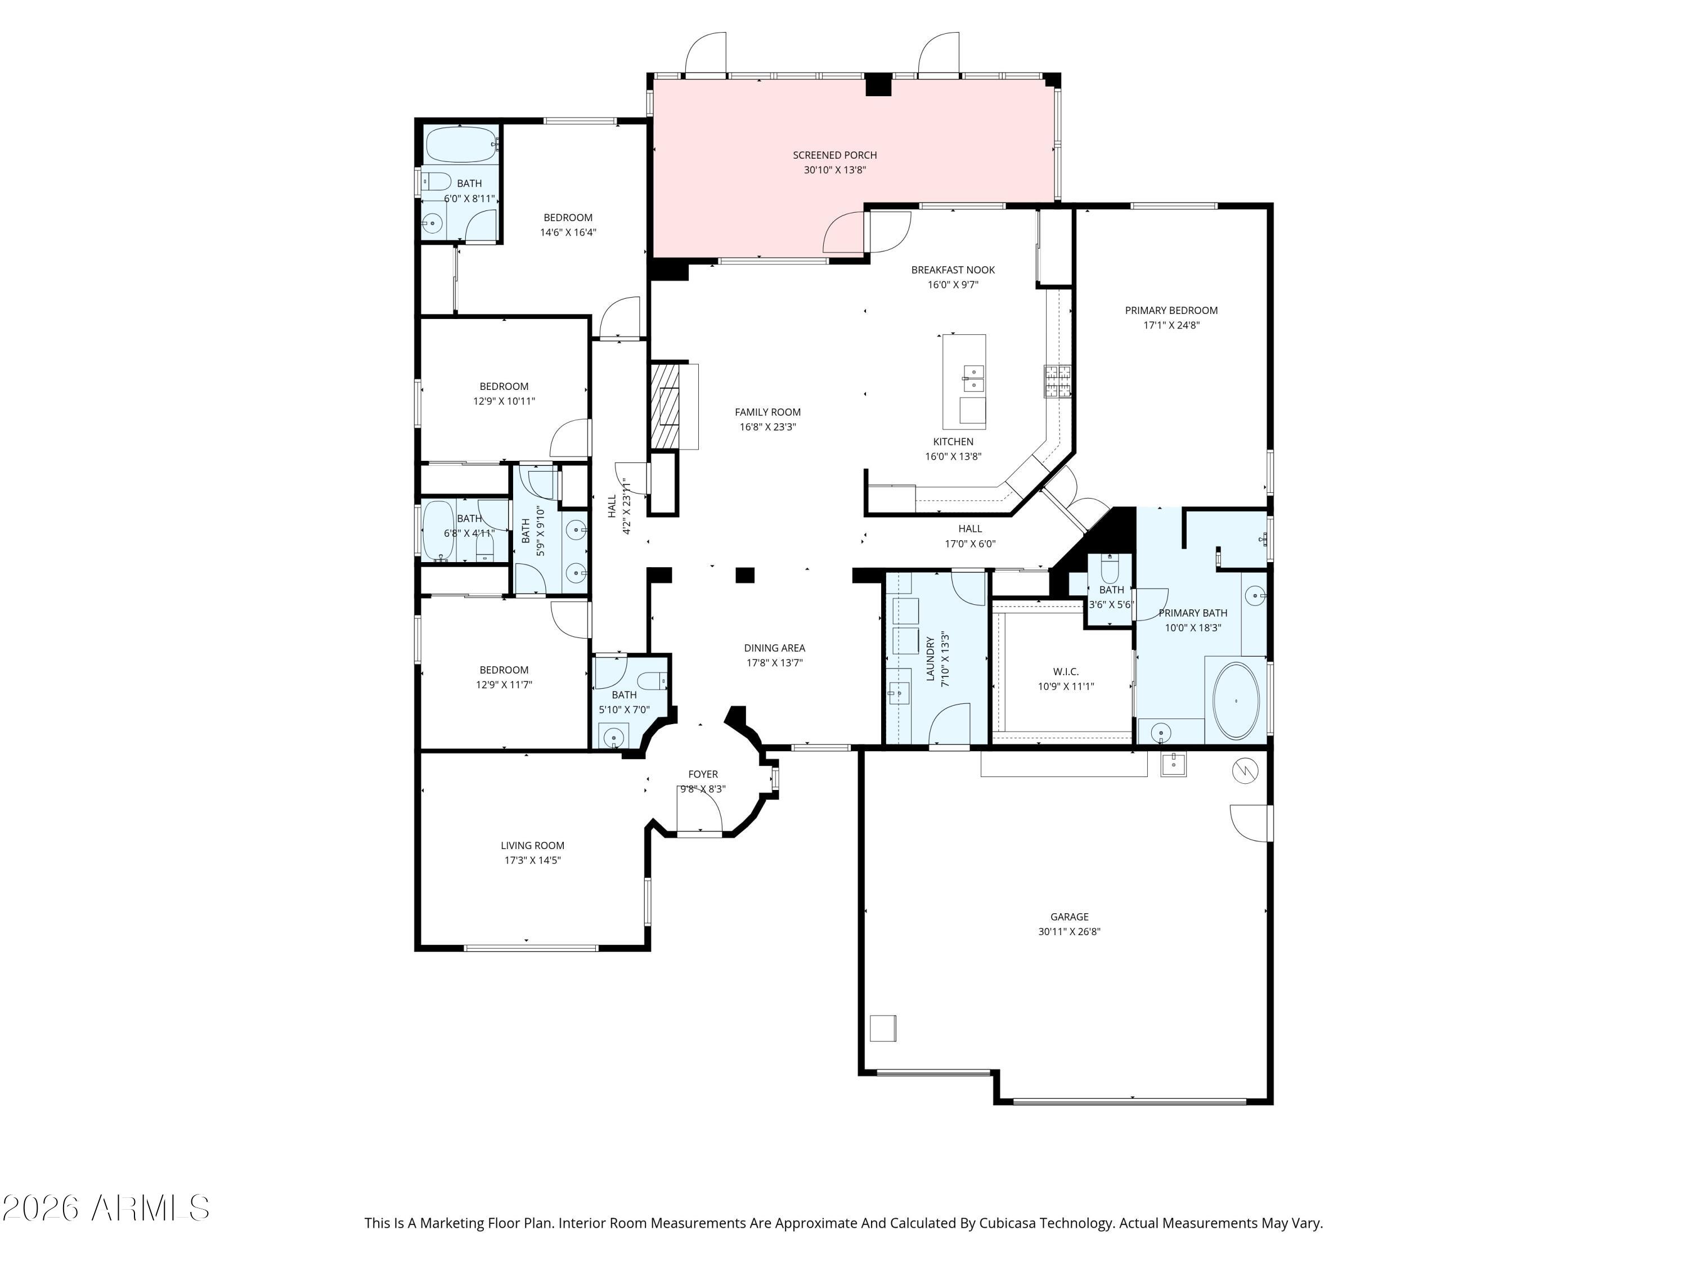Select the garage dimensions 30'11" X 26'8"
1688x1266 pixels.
point(1069,932)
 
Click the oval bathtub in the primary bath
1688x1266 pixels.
point(1236,701)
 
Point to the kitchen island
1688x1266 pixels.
point(964,381)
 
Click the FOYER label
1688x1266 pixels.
point(702,774)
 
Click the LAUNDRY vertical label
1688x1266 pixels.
point(930,659)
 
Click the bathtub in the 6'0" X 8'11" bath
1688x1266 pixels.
point(461,145)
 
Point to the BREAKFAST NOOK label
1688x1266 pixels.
point(953,270)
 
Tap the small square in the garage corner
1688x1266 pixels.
point(883,1028)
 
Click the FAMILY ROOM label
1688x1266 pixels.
point(767,412)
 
